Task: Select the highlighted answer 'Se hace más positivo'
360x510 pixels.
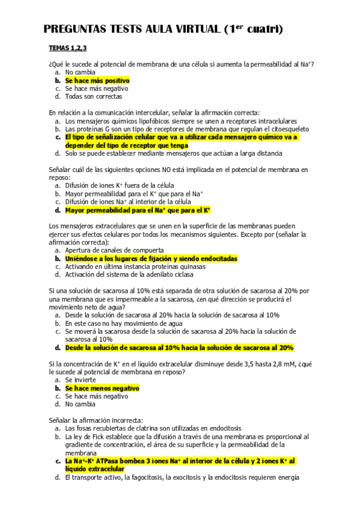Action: coord(97,80)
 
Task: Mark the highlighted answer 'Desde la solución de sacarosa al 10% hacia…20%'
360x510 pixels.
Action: coord(179,348)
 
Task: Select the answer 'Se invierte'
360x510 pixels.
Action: coord(81,380)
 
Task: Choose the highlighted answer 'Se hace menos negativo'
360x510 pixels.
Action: coord(102,389)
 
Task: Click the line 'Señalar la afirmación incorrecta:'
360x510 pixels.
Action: coord(96,420)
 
